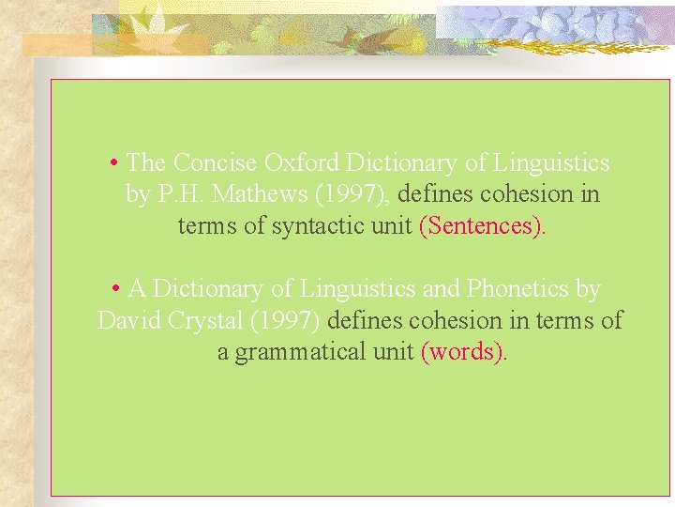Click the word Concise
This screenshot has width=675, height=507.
[215, 163]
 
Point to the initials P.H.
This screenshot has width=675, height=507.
[178, 195]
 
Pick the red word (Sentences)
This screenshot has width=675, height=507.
[480, 226]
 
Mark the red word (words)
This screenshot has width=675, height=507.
[463, 352]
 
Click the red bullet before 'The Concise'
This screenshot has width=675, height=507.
[112, 163]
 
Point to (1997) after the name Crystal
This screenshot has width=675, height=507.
[286, 320]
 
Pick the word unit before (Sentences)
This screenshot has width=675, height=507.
[392, 226]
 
